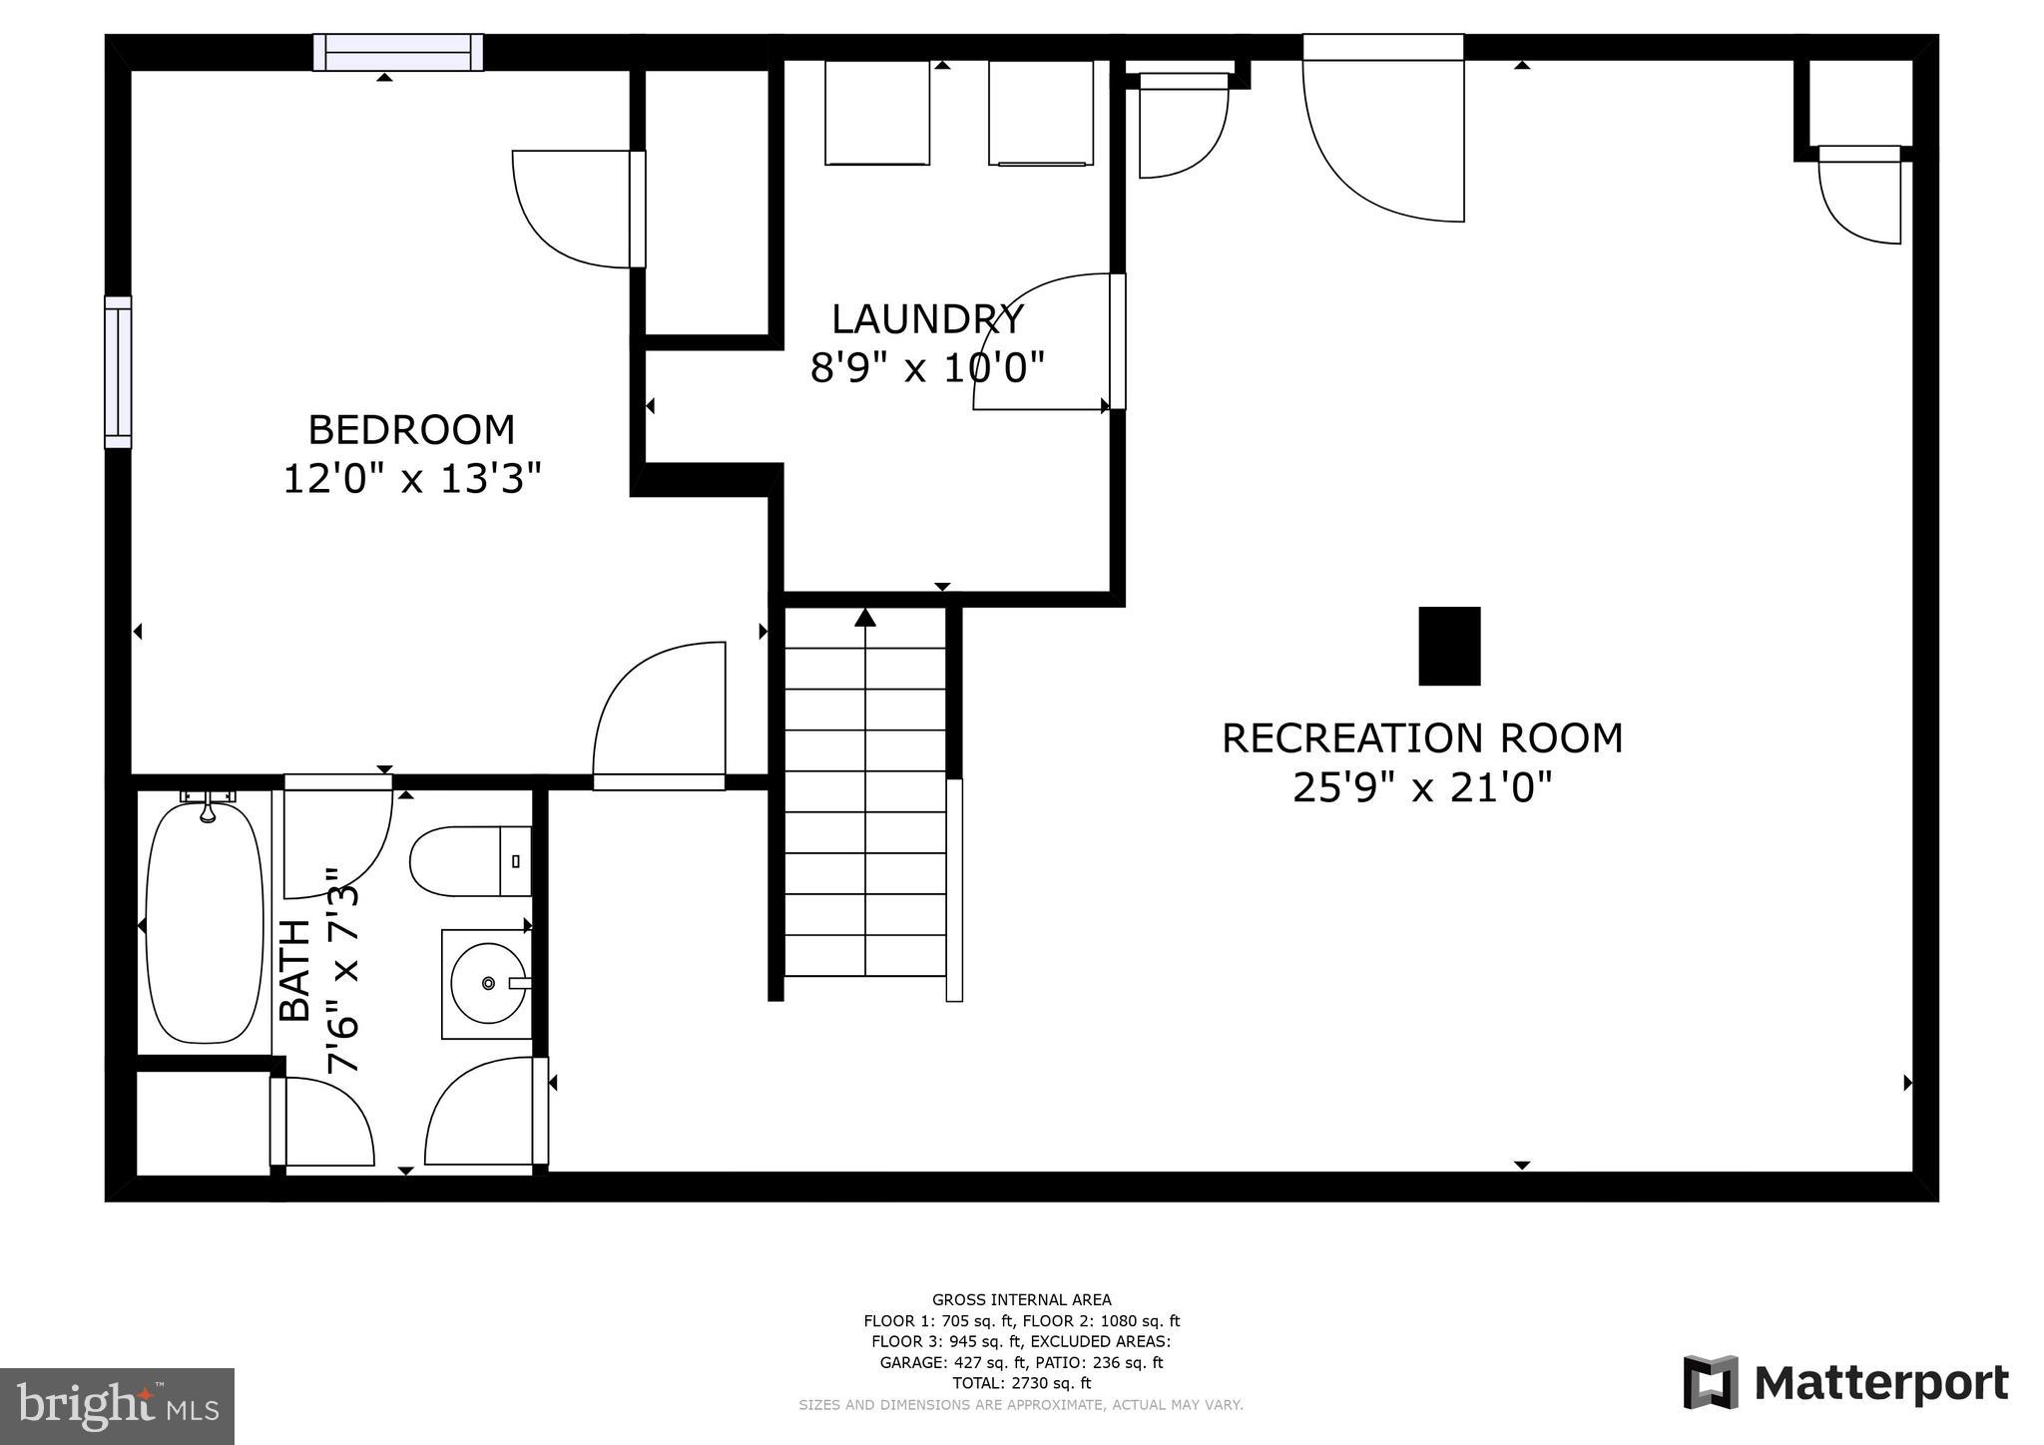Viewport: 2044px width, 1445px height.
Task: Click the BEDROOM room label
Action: coord(411,430)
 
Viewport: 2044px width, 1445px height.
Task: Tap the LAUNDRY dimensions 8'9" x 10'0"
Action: coord(926,368)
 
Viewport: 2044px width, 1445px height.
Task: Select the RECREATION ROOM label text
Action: coord(1422,738)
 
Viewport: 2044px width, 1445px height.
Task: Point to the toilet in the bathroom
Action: coord(469,861)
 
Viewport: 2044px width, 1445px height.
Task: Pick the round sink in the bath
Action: coord(487,984)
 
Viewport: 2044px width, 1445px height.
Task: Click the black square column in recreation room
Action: coord(1449,646)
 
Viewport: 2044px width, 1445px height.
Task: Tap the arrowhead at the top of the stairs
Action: coord(865,618)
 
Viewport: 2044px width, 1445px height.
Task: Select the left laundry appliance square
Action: coord(877,112)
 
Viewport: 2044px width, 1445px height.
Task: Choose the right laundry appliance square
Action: coord(1041,112)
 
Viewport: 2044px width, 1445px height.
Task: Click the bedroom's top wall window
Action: coord(398,52)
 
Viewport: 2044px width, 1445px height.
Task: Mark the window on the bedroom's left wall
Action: coord(118,372)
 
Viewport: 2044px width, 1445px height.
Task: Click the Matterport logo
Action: coord(1845,1383)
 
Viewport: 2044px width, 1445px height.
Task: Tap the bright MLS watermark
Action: coord(118,1406)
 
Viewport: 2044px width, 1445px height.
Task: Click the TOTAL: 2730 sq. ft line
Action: coord(1021,1383)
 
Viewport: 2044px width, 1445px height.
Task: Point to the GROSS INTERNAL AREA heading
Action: coord(1021,1299)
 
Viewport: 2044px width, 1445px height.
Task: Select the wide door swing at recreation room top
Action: coord(1382,140)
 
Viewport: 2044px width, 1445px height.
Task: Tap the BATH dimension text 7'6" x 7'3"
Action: coord(342,970)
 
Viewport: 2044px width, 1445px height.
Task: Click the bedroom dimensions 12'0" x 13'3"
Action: coord(411,479)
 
